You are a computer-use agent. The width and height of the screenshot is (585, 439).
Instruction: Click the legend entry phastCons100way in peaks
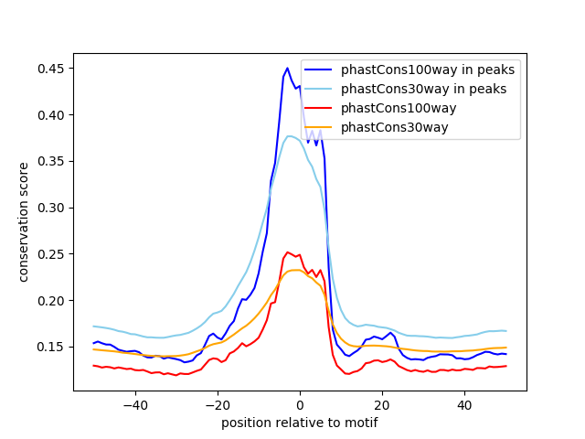(x=427, y=70)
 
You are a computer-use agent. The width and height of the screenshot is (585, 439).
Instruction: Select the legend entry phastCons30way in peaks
(x=423, y=89)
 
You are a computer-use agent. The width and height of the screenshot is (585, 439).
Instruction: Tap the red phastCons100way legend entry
(x=411, y=108)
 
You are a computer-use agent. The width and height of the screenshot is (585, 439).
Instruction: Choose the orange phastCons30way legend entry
(x=408, y=127)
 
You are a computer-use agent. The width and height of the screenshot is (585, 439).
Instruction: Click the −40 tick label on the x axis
(x=134, y=404)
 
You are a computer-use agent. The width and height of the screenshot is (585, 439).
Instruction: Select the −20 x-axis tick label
(x=217, y=404)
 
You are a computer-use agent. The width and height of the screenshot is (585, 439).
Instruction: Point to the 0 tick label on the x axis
(x=299, y=404)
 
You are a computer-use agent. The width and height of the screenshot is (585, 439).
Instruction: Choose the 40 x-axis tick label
(x=463, y=404)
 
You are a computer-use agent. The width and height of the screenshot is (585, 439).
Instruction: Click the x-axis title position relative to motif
(x=299, y=423)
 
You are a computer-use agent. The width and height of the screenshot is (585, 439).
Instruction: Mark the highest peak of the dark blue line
(x=287, y=68)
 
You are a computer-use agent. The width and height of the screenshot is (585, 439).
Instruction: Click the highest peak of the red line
(x=287, y=252)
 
